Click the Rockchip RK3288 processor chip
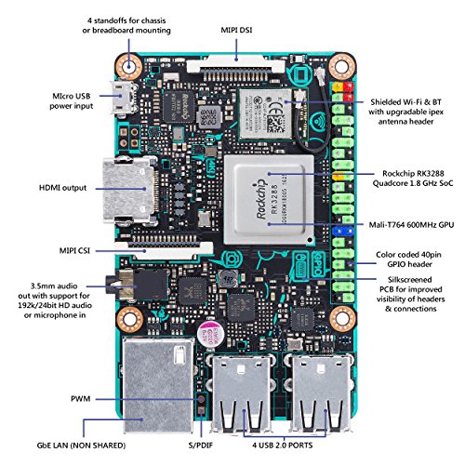click(270, 189)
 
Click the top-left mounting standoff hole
click(131, 66)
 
